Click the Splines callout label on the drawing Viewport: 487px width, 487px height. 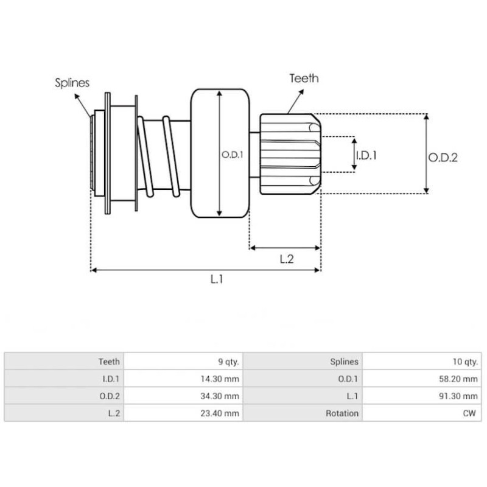coord(72,83)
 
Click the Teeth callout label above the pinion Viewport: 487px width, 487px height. coord(304,79)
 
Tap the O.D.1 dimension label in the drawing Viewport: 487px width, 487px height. coord(232,155)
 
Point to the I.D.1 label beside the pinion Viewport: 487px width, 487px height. coord(366,155)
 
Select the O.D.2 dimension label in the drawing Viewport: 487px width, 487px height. coord(443,157)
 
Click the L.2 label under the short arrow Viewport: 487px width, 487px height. coord(286,259)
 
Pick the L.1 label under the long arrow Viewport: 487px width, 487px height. coord(217,279)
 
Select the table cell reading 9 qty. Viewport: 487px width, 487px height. coord(228,362)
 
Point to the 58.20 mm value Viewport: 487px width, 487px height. coord(461,379)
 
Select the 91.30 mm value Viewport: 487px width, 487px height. coord(461,396)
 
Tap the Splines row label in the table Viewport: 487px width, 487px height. coord(345,362)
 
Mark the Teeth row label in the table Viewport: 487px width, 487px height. coord(109,362)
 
